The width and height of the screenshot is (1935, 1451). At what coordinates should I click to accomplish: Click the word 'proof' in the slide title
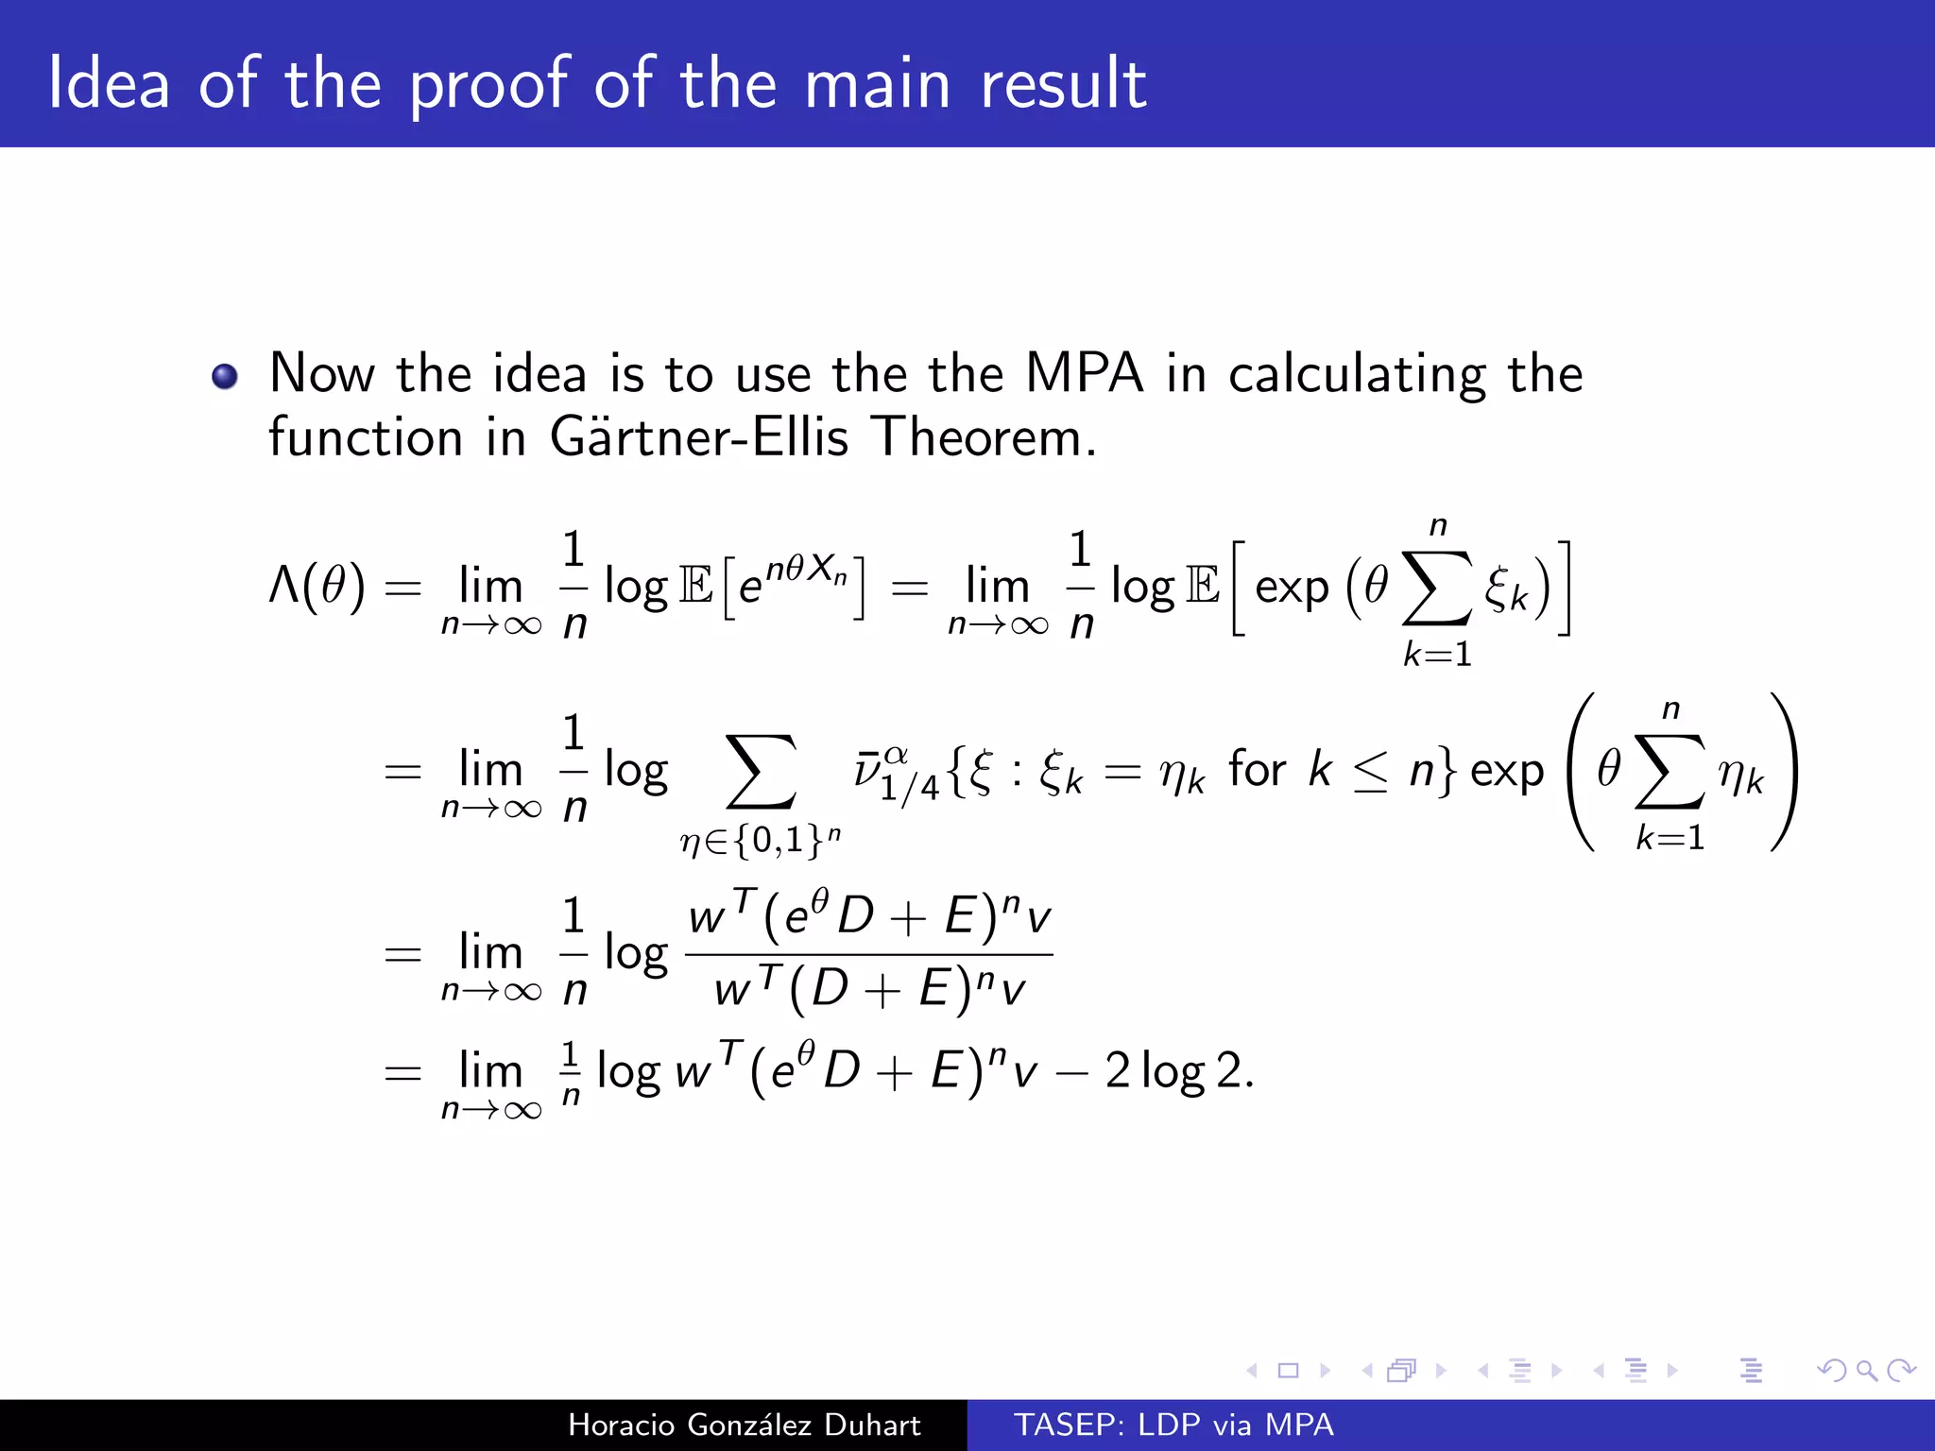point(489,85)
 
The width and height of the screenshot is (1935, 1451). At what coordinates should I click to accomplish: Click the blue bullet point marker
point(225,377)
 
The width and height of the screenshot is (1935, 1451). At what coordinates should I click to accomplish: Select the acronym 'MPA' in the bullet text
point(1084,373)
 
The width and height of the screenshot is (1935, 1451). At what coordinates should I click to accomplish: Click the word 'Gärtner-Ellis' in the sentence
point(699,437)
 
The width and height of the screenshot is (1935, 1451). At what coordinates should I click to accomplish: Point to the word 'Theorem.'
point(984,437)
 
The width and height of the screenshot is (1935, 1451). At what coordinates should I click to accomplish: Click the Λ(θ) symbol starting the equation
point(317,587)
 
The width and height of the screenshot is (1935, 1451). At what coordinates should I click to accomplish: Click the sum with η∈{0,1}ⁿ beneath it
point(761,775)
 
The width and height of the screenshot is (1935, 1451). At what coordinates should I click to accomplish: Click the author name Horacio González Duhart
point(744,1425)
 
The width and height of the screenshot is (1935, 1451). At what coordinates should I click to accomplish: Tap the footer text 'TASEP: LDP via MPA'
point(1173,1425)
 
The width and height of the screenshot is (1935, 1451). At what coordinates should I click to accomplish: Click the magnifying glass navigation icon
point(1866,1370)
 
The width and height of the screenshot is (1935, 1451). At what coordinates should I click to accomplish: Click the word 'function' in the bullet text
point(366,437)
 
